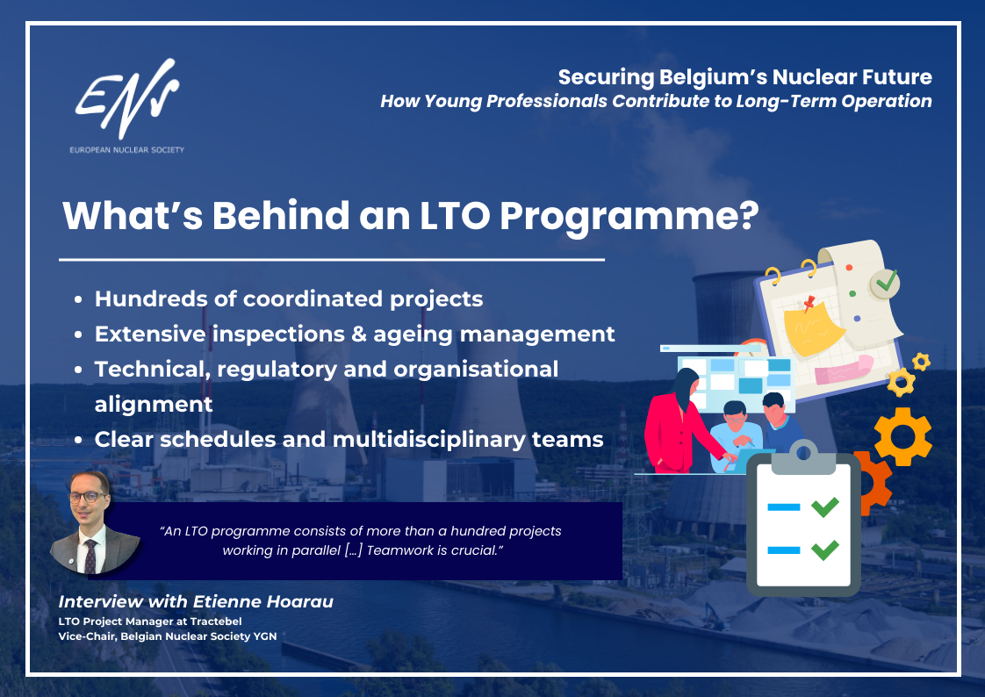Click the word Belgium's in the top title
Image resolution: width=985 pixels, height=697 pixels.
[x=712, y=77]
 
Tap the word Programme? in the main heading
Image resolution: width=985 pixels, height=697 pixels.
[x=629, y=217]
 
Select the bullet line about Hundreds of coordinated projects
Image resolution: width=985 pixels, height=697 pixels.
[x=288, y=299]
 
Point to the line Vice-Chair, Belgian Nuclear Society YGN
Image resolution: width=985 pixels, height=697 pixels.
[x=167, y=636]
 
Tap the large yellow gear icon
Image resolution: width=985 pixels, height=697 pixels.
[x=902, y=436]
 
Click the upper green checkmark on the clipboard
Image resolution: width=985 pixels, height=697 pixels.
[x=825, y=507]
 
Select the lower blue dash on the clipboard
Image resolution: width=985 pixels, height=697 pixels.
[x=783, y=550]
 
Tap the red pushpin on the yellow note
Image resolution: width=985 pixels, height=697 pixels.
[x=809, y=303]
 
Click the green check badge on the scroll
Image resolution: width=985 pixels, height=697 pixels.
[x=885, y=284]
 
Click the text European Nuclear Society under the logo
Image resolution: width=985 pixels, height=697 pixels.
[x=127, y=150]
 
